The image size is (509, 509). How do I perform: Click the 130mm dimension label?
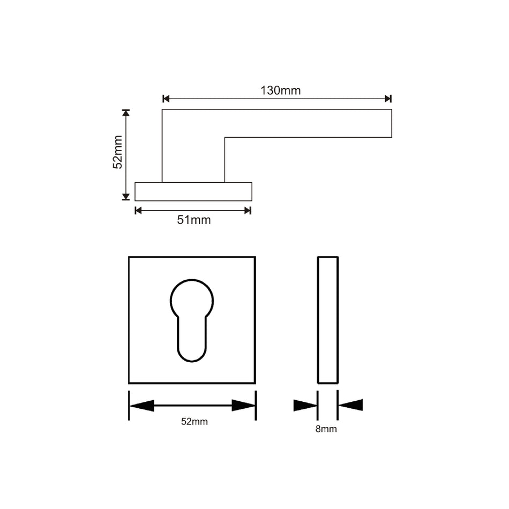[280, 91]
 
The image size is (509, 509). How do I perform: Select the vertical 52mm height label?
[118, 153]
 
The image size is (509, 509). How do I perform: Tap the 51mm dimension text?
[194, 220]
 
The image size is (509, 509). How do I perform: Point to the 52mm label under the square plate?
[194, 422]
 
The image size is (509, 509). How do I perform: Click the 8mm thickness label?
[326, 429]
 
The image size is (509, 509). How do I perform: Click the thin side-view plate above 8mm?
[327, 320]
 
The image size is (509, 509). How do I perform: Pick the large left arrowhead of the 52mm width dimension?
[141, 406]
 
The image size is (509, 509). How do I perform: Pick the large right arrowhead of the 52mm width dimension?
[243, 406]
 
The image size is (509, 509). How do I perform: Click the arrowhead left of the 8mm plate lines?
[305, 406]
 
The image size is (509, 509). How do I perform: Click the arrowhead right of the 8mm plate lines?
[350, 405]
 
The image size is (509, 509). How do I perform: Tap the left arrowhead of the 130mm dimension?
[166, 99]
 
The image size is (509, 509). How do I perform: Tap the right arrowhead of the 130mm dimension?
[388, 99]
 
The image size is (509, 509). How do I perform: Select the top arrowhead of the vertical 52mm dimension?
[126, 113]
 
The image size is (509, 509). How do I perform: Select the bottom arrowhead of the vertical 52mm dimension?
[126, 197]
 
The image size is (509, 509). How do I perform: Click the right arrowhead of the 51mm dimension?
[248, 211]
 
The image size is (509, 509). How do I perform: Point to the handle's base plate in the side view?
[193, 192]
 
